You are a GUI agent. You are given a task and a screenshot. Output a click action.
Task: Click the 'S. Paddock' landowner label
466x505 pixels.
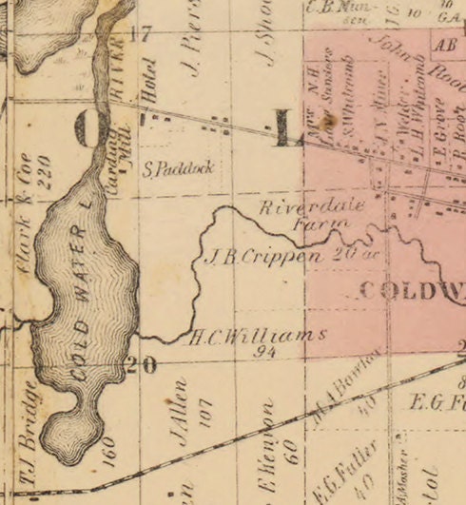coord(178,170)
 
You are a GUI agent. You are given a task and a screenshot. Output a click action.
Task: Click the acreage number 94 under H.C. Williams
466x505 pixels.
coord(264,351)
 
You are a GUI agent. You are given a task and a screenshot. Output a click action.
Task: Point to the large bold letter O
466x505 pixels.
coord(87,130)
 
